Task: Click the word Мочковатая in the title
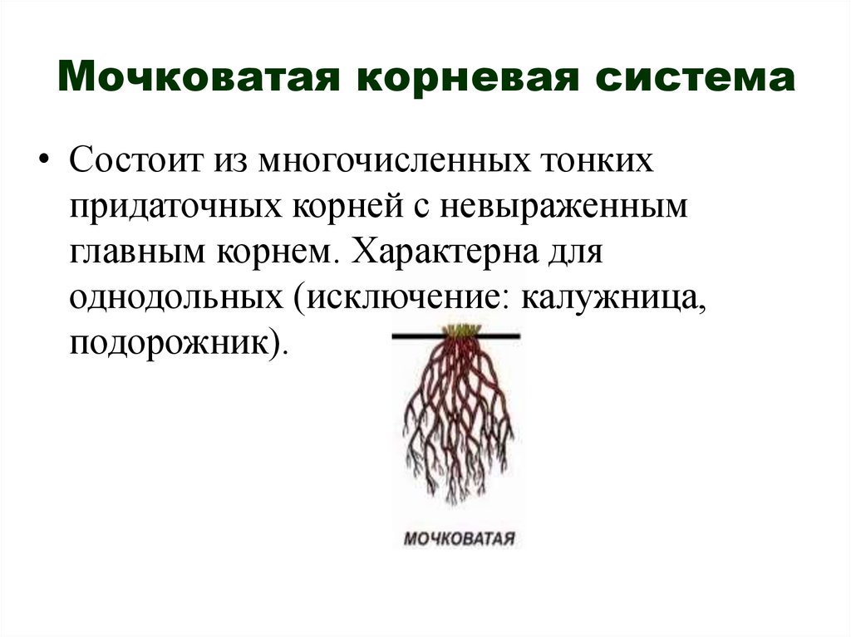click(199, 77)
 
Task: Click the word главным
click(137, 253)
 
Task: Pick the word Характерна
click(445, 252)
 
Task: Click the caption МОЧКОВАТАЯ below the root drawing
click(459, 539)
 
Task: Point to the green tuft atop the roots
click(460, 330)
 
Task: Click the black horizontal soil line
click(456, 336)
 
